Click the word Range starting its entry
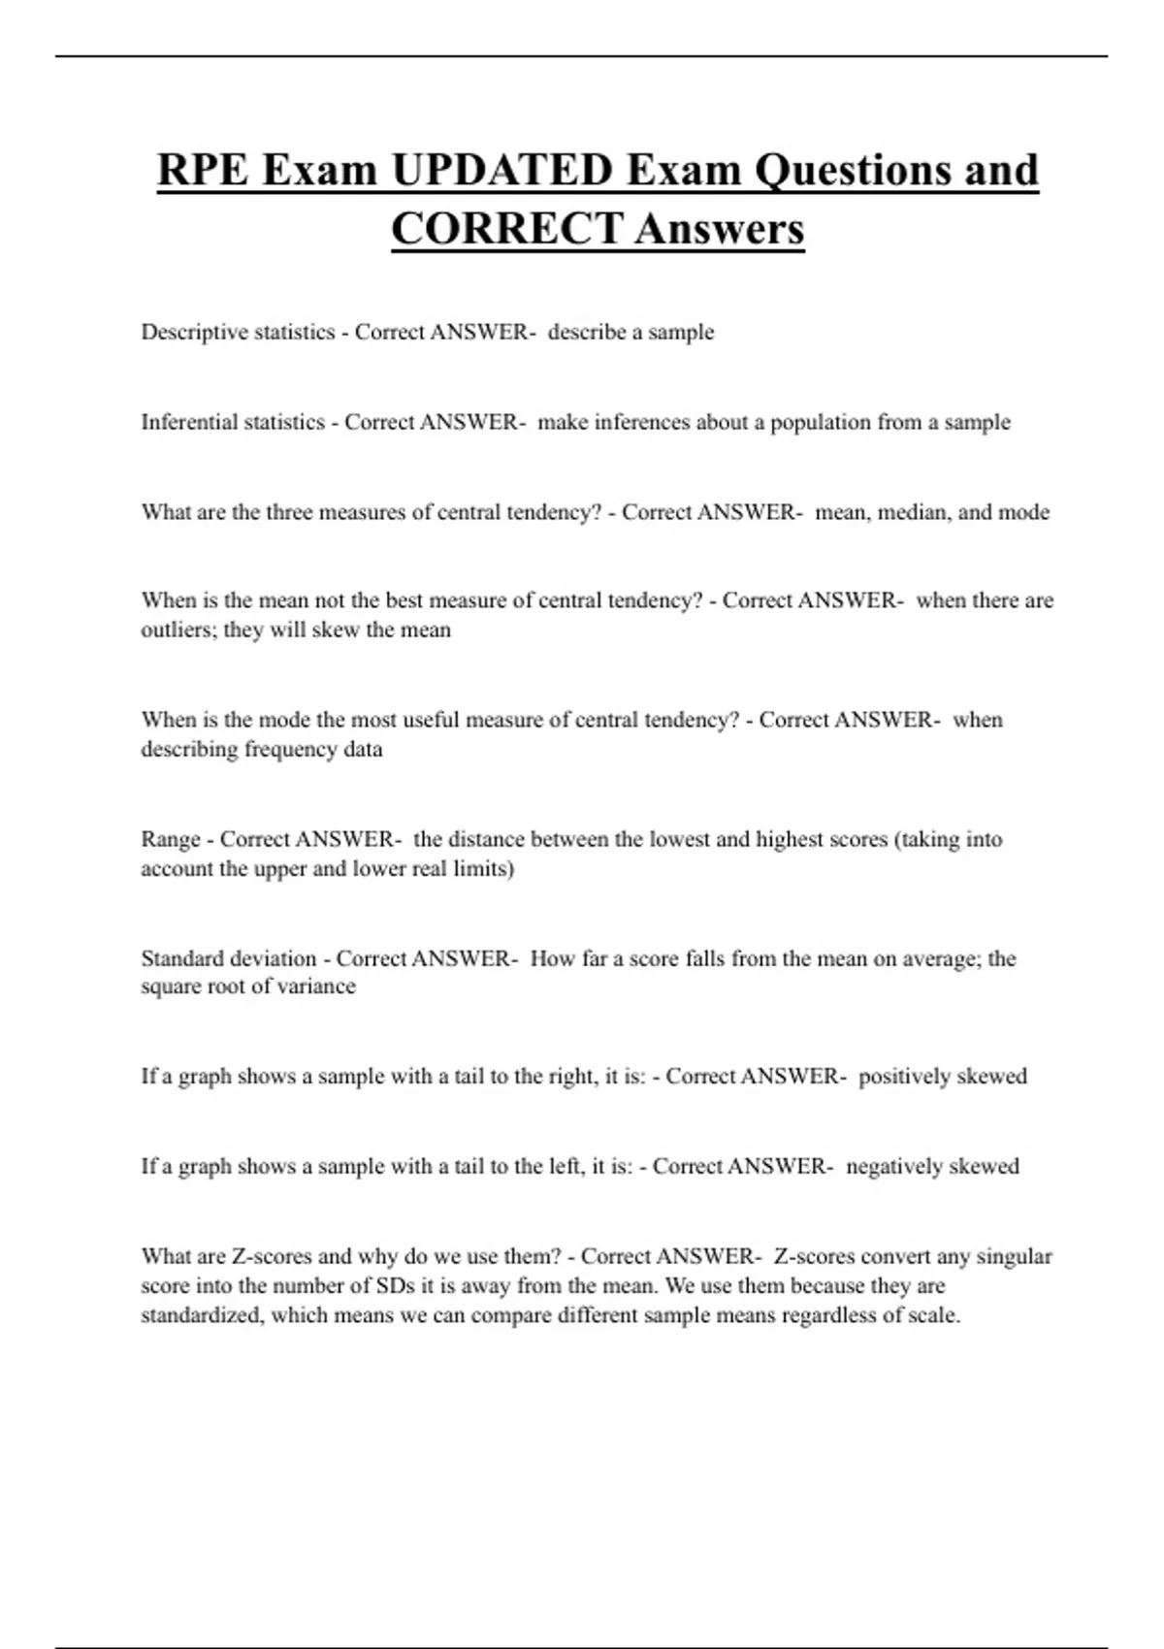coord(170,839)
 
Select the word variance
coord(317,986)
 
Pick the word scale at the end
coord(932,1316)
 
